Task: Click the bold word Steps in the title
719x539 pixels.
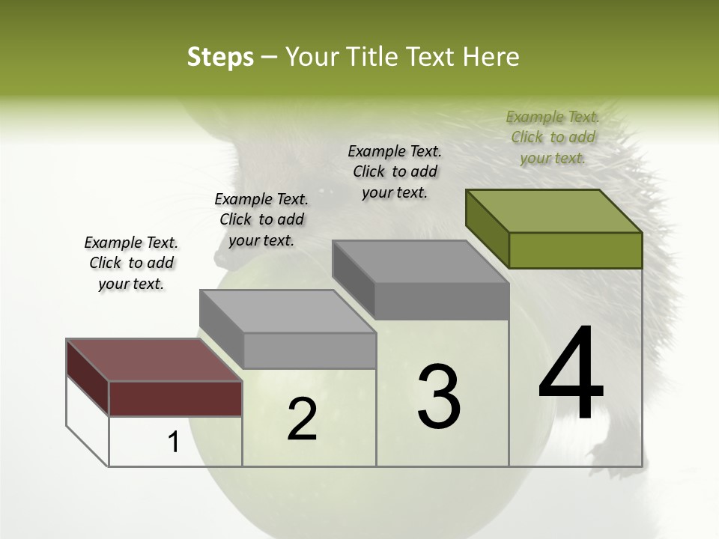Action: click(x=220, y=57)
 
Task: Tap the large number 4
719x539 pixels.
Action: click(x=571, y=374)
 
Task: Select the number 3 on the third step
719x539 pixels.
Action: click(x=438, y=396)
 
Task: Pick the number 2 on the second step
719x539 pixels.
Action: click(x=302, y=419)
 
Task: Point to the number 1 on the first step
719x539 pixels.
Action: click(x=174, y=442)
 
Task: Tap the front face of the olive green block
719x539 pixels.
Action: click(x=575, y=250)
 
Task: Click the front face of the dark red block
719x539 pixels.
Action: click(x=175, y=398)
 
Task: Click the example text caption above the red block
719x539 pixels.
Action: click(x=131, y=263)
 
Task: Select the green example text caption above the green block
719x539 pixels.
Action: click(x=553, y=137)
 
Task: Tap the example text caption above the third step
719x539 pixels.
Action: click(x=395, y=171)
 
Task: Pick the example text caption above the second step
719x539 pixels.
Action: click(x=261, y=219)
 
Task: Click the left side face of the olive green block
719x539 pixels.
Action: click(x=487, y=228)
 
